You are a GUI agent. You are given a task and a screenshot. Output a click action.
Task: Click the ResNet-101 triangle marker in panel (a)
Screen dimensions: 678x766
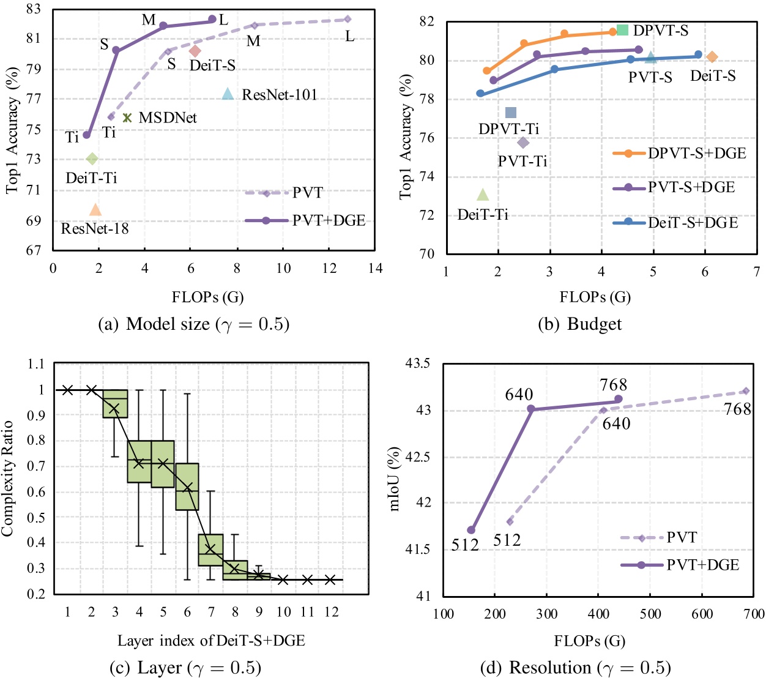[228, 94]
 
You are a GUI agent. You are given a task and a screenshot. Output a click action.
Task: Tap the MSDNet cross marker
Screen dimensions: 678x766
[127, 117]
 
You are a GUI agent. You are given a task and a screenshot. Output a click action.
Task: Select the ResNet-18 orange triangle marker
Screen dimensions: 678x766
[95, 210]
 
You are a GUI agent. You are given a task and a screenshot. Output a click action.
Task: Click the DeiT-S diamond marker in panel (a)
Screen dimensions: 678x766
[195, 51]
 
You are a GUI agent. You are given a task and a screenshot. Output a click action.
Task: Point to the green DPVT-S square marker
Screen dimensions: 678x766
[622, 30]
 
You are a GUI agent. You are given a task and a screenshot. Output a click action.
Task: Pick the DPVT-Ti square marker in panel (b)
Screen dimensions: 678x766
[511, 113]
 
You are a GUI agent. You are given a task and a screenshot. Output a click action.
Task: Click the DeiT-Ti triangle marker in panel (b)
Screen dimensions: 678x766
[483, 195]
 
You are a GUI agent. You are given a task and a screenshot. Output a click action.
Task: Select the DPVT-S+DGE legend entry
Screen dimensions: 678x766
[679, 153]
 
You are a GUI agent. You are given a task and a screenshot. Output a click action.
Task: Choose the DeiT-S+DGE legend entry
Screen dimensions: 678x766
[675, 222]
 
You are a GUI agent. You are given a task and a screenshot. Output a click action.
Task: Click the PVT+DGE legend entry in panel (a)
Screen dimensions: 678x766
[305, 220]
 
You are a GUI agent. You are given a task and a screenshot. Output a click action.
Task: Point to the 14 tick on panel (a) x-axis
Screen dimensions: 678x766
[376, 269]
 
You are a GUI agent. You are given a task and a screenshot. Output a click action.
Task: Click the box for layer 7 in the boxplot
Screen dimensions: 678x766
[210, 549]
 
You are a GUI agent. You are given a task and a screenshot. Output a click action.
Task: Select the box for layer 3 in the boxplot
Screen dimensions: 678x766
[115, 404]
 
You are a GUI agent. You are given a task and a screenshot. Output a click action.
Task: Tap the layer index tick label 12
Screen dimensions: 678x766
[331, 612]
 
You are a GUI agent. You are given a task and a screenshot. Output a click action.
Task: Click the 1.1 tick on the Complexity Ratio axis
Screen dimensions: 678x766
[36, 364]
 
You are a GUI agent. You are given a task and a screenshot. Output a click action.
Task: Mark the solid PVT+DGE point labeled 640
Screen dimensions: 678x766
[530, 409]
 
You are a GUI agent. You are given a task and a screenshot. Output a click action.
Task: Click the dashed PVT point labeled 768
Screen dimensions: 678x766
[745, 391]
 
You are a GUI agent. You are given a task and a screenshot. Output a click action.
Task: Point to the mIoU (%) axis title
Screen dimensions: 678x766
[395, 479]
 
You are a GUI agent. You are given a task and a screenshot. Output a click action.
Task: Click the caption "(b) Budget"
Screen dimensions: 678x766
[579, 324]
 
